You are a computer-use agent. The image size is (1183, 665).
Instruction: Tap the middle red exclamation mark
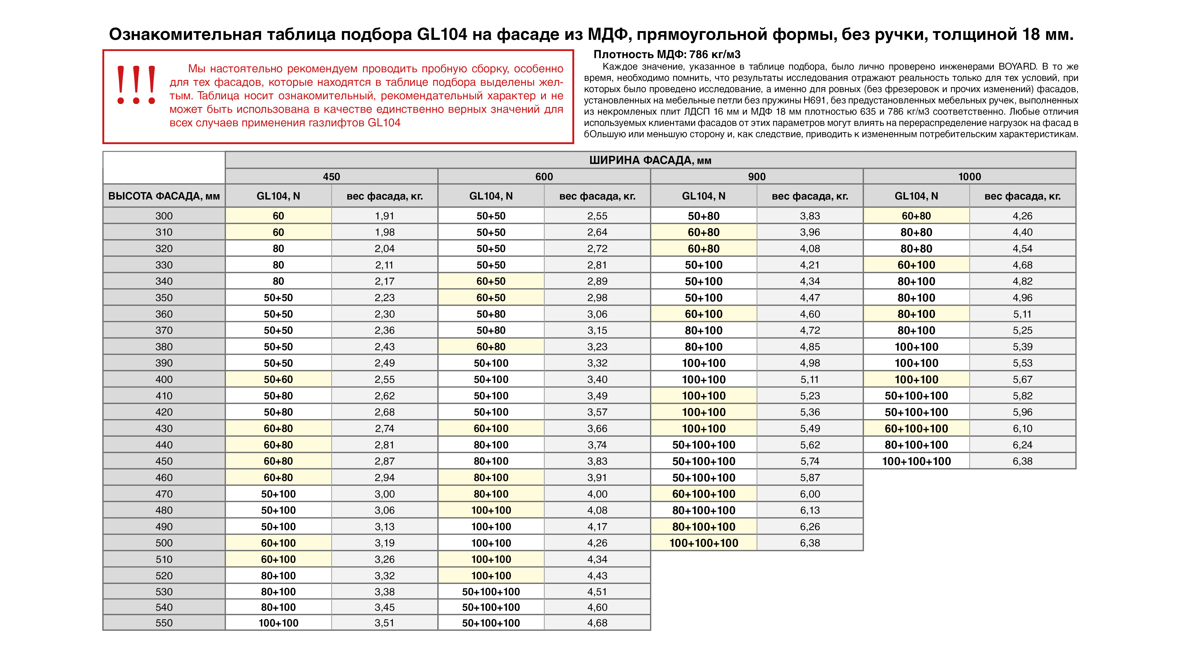click(x=136, y=85)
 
